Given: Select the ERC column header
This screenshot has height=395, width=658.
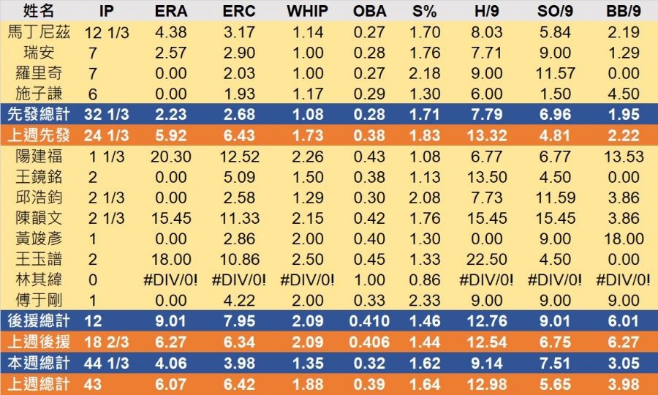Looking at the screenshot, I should pyautogui.click(x=238, y=12).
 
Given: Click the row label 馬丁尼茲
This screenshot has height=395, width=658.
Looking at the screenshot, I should pyautogui.click(x=39, y=32).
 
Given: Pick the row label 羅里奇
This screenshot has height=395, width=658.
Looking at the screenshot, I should pyautogui.click(x=39, y=73).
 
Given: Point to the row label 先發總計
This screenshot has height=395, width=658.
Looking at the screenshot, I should pyautogui.click(x=39, y=115).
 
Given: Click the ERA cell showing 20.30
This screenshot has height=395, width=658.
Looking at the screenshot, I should pyautogui.click(x=170, y=157).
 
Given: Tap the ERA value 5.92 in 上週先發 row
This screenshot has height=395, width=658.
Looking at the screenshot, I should pyautogui.click(x=170, y=136).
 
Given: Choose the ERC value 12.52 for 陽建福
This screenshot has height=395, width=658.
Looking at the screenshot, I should pyautogui.click(x=238, y=157).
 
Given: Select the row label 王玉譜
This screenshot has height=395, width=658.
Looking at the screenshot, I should pyautogui.click(x=39, y=260).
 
